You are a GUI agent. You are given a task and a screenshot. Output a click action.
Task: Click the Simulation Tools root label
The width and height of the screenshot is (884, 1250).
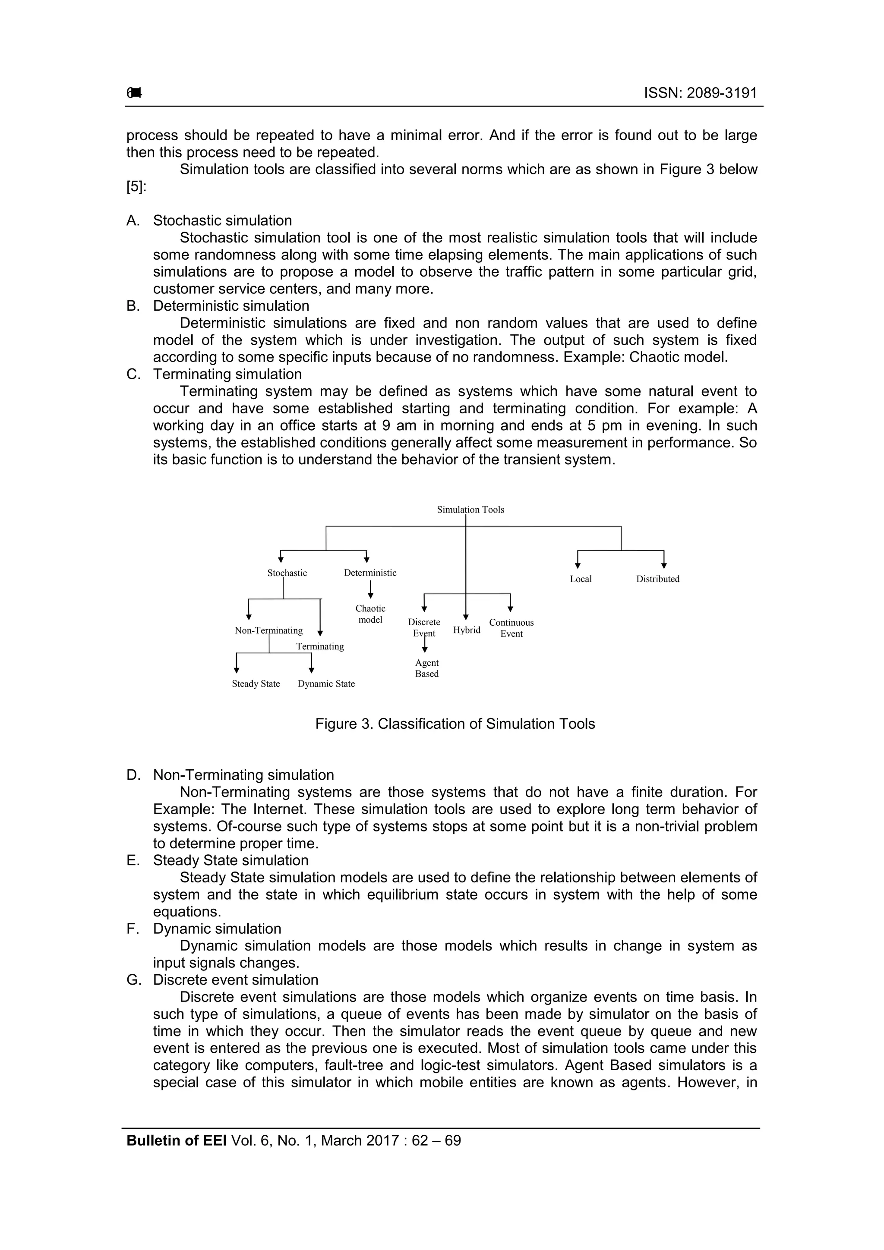point(470,510)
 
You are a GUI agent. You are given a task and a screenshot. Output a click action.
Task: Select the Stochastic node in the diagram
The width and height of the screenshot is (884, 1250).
point(287,573)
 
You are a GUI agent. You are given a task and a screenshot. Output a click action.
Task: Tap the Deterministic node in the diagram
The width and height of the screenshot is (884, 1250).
point(370,573)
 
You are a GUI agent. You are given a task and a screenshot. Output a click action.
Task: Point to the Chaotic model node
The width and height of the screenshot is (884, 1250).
point(370,614)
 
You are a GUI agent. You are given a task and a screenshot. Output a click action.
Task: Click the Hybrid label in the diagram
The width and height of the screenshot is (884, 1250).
point(466,630)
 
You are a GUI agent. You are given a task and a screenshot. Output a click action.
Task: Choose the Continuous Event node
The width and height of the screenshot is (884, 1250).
point(511,628)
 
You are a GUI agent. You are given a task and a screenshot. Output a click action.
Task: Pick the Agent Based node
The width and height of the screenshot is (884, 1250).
point(426,668)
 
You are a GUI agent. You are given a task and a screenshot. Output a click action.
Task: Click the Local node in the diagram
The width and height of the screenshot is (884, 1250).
point(580,579)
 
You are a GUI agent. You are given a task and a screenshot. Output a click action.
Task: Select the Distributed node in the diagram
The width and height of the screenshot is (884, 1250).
point(657,579)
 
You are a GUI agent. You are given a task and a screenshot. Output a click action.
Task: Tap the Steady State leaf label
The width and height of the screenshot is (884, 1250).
point(256,684)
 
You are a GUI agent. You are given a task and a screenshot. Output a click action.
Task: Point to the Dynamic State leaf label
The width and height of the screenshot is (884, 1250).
point(326,684)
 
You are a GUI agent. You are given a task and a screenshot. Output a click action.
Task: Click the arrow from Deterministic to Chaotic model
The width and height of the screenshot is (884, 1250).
point(370,589)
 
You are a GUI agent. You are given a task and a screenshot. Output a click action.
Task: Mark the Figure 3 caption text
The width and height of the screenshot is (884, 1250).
point(455,724)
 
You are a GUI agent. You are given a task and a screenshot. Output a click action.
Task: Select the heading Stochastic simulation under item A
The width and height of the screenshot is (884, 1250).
point(222,220)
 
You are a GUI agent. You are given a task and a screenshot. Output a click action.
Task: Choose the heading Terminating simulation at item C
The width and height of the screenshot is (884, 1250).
point(227,374)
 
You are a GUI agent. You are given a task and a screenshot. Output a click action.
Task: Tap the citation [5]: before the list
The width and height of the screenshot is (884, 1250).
point(136,187)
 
